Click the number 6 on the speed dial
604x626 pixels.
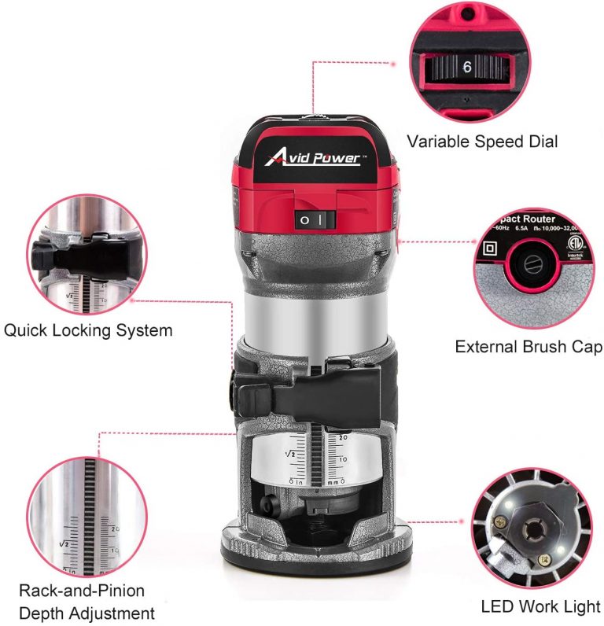466,68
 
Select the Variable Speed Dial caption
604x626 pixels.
482,142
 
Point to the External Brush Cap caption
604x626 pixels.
528,347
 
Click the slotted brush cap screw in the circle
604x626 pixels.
525,262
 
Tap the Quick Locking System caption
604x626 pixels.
87,330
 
